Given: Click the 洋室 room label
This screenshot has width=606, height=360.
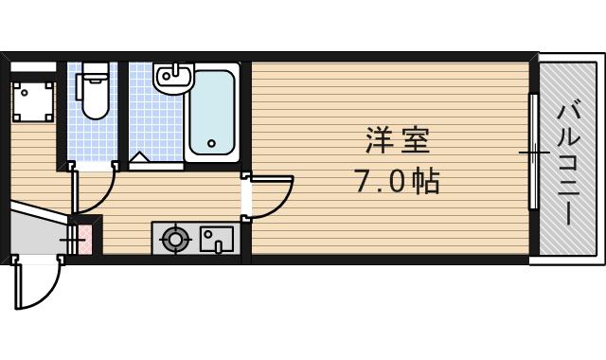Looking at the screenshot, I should (398, 142).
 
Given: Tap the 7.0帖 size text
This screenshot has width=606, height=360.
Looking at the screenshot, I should (398, 181).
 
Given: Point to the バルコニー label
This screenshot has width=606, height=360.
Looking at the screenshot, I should (568, 161).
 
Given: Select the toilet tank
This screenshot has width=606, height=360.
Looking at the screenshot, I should (93, 76).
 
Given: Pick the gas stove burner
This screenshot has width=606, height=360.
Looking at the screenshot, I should (175, 239).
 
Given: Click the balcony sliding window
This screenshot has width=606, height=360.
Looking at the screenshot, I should (534, 152).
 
